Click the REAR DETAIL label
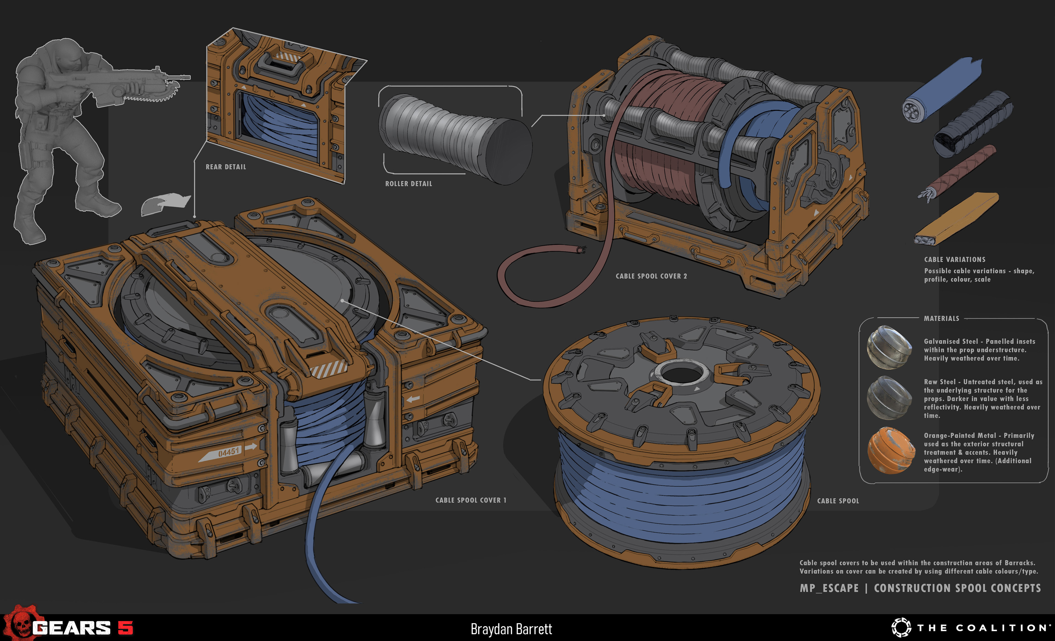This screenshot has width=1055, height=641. point(226,167)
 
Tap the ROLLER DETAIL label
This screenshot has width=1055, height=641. point(409,184)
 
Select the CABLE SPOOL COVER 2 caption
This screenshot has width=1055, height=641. point(651,276)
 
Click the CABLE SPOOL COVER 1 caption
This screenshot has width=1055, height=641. point(471,500)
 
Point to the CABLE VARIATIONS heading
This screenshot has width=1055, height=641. point(954,259)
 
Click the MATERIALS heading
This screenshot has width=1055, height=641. point(941,318)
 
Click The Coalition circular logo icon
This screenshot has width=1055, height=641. point(901,628)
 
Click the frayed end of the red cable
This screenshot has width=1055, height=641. point(581,250)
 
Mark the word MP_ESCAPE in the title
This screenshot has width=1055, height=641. point(829,588)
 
